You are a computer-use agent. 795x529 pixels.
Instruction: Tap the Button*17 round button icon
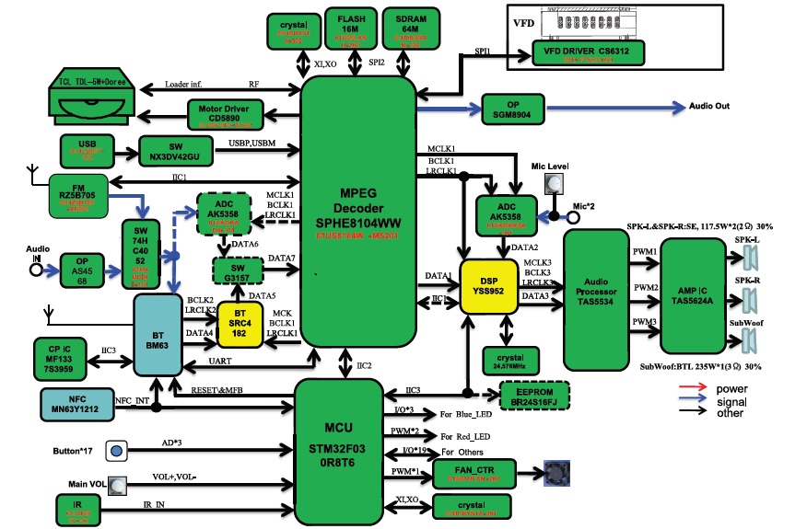[117, 451]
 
